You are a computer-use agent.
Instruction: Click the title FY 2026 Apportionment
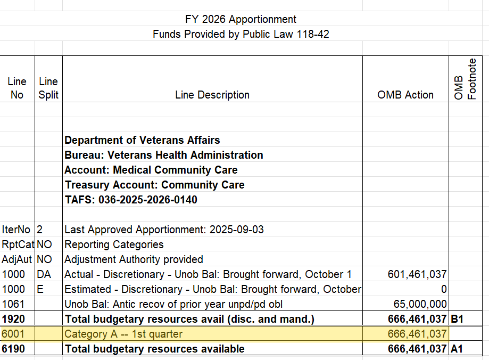[241, 19]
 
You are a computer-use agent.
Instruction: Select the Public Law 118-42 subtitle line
[241, 34]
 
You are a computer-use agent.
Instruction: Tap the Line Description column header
[212, 95]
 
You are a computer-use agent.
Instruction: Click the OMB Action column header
[405, 95]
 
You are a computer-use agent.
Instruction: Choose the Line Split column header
[48, 88]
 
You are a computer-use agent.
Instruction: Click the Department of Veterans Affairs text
[142, 140]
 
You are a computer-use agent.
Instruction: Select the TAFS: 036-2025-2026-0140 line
[130, 200]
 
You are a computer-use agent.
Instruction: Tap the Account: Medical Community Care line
[151, 170]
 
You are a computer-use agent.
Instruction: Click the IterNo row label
[16, 230]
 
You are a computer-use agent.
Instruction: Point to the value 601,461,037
[417, 274]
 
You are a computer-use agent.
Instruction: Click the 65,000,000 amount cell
[420, 304]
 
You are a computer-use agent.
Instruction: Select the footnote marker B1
[458, 319]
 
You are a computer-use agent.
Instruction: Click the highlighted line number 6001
[13, 334]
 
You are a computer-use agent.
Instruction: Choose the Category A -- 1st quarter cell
[123, 334]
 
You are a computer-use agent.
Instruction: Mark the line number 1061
[13, 304]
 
